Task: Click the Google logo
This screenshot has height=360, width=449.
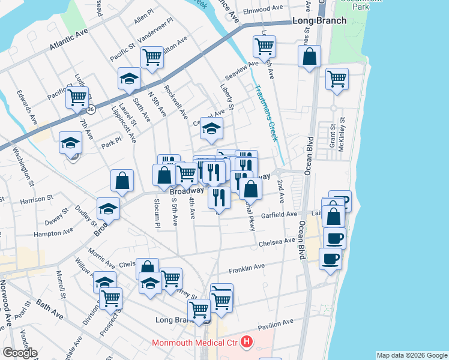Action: [x=20, y=353]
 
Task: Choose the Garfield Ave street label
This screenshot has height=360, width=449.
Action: [x=280, y=214]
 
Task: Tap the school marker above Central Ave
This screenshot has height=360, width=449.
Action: [x=211, y=128]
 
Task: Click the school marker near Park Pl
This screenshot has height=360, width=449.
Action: [x=70, y=143]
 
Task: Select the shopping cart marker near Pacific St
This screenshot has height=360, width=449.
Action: [x=77, y=97]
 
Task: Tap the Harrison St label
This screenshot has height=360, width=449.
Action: [x=37, y=197]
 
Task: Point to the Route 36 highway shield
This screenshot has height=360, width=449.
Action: [x=91, y=110]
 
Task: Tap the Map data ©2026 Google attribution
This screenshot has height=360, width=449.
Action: [x=412, y=355]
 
